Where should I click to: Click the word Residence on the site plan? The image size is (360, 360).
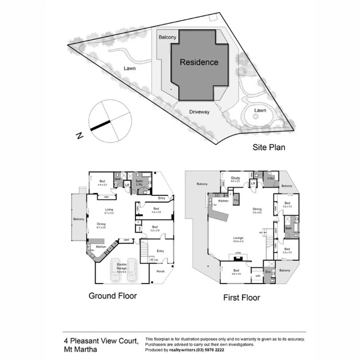tap(199, 62)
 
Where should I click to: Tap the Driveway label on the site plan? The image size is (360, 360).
tap(199, 112)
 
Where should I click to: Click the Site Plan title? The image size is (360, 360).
tap(269, 147)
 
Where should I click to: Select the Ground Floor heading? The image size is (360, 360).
tap(113, 296)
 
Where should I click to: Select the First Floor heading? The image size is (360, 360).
tap(241, 297)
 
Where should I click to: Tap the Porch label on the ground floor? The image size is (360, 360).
tap(160, 271)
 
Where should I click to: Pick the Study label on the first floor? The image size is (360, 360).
tap(235, 178)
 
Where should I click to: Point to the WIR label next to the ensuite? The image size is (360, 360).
tap(258, 276)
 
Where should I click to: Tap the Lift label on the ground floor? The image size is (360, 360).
tap(127, 185)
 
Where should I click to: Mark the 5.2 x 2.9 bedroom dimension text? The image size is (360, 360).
tap(155, 230)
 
